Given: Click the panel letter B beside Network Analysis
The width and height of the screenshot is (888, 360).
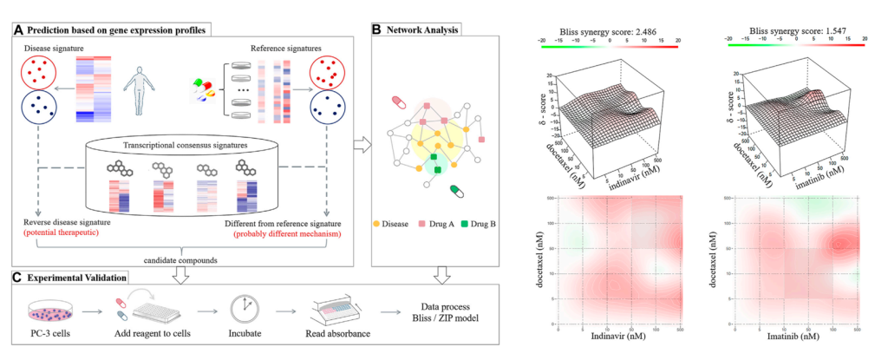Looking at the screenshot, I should (x=376, y=29).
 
